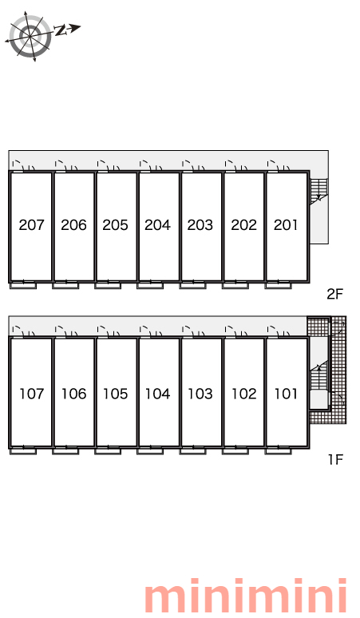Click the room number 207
tap(31, 225)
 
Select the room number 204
tap(157, 225)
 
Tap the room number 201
tap(286, 225)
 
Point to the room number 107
tap(31, 394)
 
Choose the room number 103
tap(200, 394)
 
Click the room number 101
tap(286, 394)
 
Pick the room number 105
tap(116, 394)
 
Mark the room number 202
tap(243, 225)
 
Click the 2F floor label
tap(335, 294)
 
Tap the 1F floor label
tap(336, 459)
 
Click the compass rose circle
tap(30, 37)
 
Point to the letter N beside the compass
tap(60, 30)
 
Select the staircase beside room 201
tap(318, 191)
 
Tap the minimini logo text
tap(245, 595)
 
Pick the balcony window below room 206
tap(65, 284)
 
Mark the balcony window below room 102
tap(235, 450)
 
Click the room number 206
tap(73, 225)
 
